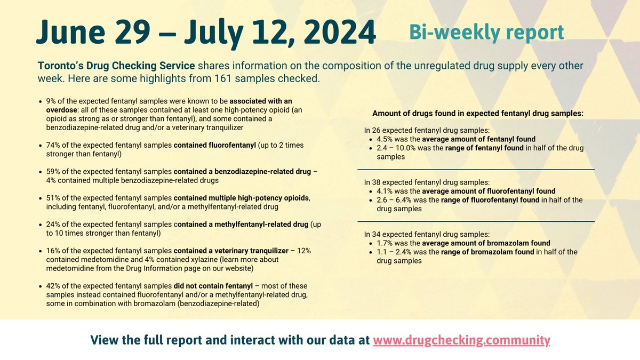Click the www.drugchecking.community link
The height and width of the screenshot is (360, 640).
[x=461, y=340]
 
